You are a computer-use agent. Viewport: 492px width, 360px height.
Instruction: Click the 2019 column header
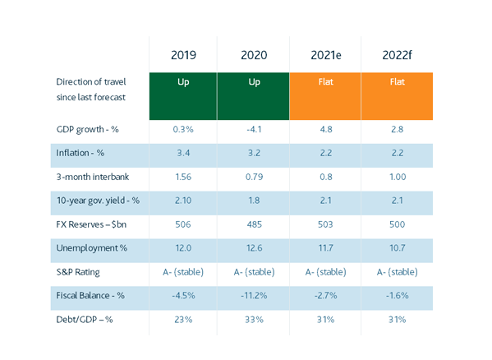[183, 55]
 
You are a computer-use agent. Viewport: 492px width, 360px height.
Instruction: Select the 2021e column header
[326, 55]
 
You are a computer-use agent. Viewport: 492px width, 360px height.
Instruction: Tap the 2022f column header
[397, 55]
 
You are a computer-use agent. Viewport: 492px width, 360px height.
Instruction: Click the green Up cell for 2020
[253, 96]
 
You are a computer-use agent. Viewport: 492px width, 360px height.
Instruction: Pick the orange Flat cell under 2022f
[397, 96]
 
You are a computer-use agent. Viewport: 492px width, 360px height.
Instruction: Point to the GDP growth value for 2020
[254, 129]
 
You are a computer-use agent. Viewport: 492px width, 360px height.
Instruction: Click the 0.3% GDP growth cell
[183, 129]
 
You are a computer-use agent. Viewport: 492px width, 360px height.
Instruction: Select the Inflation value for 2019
[183, 153]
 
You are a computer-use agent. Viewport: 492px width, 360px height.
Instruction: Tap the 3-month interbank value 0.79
[254, 177]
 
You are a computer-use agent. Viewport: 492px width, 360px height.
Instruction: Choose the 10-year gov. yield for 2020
[254, 201]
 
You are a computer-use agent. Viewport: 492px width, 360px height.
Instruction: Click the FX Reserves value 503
[325, 224]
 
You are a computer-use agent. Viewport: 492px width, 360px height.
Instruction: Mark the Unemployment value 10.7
[398, 248]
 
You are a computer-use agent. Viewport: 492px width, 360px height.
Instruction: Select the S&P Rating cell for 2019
[183, 272]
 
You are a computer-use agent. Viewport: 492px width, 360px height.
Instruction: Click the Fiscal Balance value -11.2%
[254, 296]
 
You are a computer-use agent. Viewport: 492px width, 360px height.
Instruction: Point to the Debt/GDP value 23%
[183, 320]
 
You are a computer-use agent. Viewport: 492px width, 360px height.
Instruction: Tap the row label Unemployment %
[92, 248]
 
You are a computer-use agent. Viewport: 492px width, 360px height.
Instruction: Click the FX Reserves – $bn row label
[91, 224]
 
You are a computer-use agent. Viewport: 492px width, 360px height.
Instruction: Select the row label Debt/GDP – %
[85, 320]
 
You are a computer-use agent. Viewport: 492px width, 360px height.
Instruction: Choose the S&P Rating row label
[78, 272]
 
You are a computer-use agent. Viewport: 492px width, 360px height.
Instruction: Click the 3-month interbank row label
[93, 177]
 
